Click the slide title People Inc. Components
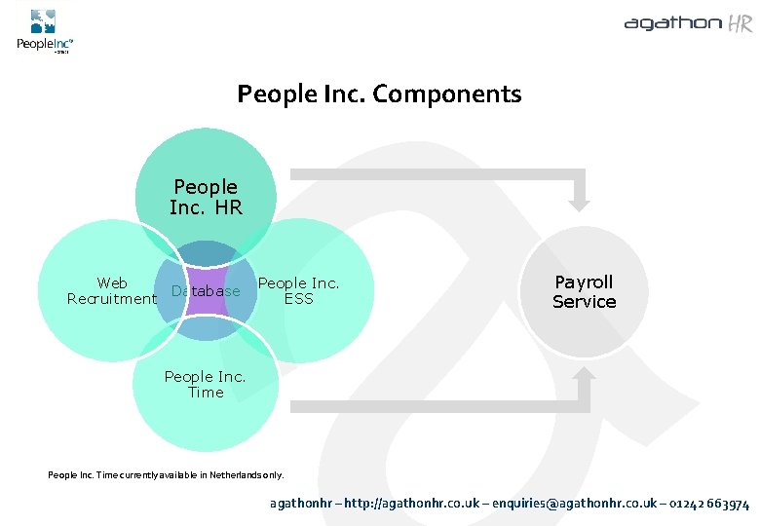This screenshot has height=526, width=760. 379,94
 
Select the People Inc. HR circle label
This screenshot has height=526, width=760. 206,197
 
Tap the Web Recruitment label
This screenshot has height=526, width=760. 112,291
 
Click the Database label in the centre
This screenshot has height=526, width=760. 206,291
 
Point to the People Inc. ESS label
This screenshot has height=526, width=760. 298,291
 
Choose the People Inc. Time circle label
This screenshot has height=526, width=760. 206,385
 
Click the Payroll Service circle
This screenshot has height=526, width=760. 585,291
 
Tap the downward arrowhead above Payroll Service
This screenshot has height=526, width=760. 580,202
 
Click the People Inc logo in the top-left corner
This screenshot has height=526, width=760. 44,31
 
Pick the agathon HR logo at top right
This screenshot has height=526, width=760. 688,24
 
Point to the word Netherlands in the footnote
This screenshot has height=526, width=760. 225,475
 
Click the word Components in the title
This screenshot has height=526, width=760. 447,94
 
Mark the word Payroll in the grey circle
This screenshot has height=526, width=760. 585,282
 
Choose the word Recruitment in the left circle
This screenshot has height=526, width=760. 112,299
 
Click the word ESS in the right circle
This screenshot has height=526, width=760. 298,299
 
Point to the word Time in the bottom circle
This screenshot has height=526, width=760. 206,393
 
